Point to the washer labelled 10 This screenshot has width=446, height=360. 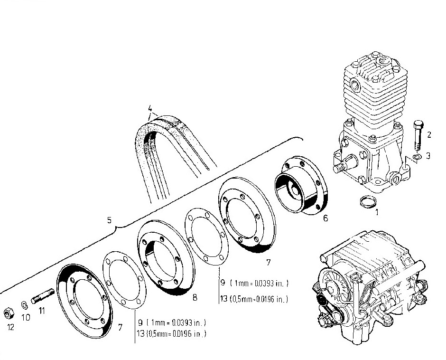coord(24,304)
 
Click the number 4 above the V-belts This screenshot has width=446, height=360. coord(149,107)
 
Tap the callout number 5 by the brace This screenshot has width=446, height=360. coord(109,221)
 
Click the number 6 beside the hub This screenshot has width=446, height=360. coord(325,218)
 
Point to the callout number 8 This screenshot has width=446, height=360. coord(195,298)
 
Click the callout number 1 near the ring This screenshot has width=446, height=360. coord(377,212)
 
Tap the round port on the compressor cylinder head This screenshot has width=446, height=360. coord(354,86)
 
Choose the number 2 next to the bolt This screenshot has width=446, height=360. coord(429,135)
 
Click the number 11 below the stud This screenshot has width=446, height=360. coord(42,312)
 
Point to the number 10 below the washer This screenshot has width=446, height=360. coord(26,317)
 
